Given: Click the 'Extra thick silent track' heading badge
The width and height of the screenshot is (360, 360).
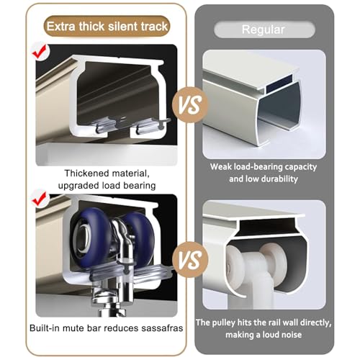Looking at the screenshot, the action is [x=107, y=26].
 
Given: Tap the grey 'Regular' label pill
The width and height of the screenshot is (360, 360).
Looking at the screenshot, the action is [x=264, y=30].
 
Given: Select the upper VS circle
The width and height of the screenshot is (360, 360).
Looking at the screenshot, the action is [x=190, y=105].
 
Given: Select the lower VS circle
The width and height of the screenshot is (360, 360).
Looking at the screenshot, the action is [x=190, y=260].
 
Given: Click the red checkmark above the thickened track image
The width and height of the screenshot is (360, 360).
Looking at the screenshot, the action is [x=40, y=51].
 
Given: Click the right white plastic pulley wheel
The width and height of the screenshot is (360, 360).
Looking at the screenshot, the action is [x=274, y=261].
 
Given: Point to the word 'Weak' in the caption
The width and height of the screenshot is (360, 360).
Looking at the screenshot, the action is [x=220, y=167].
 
